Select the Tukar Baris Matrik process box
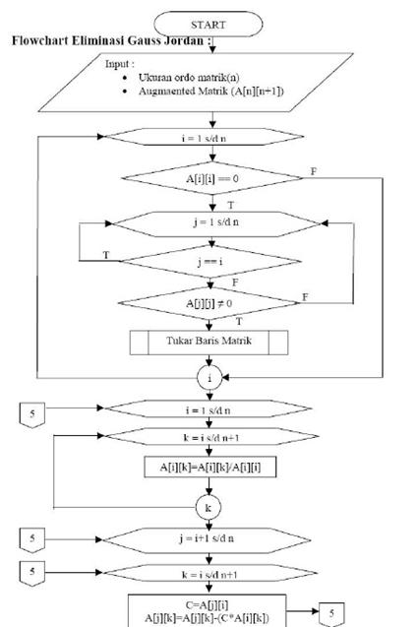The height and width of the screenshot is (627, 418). [x=209, y=342]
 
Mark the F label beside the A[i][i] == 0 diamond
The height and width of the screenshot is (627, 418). [x=314, y=171]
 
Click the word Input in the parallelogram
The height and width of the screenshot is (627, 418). [x=119, y=63]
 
